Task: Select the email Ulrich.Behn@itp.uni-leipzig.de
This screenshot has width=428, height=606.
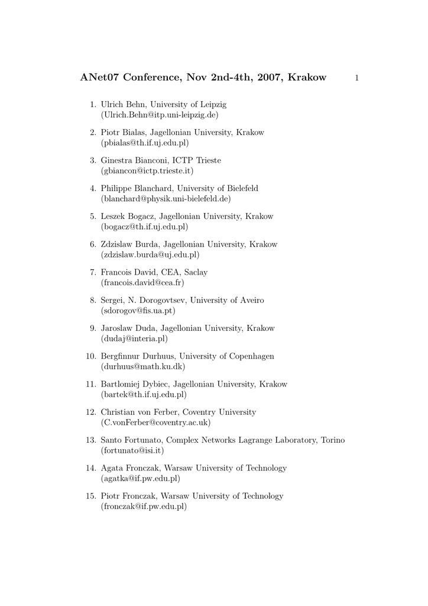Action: (160, 115)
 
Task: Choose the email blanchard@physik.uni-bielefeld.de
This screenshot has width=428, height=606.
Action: (166, 199)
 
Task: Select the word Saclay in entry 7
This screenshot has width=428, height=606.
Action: (194, 272)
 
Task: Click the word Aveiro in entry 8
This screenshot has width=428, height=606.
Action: (249, 300)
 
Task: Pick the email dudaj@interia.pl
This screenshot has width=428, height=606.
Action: (135, 339)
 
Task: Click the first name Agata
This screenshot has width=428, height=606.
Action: (112, 468)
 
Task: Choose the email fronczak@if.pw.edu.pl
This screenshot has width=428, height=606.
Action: (144, 507)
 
